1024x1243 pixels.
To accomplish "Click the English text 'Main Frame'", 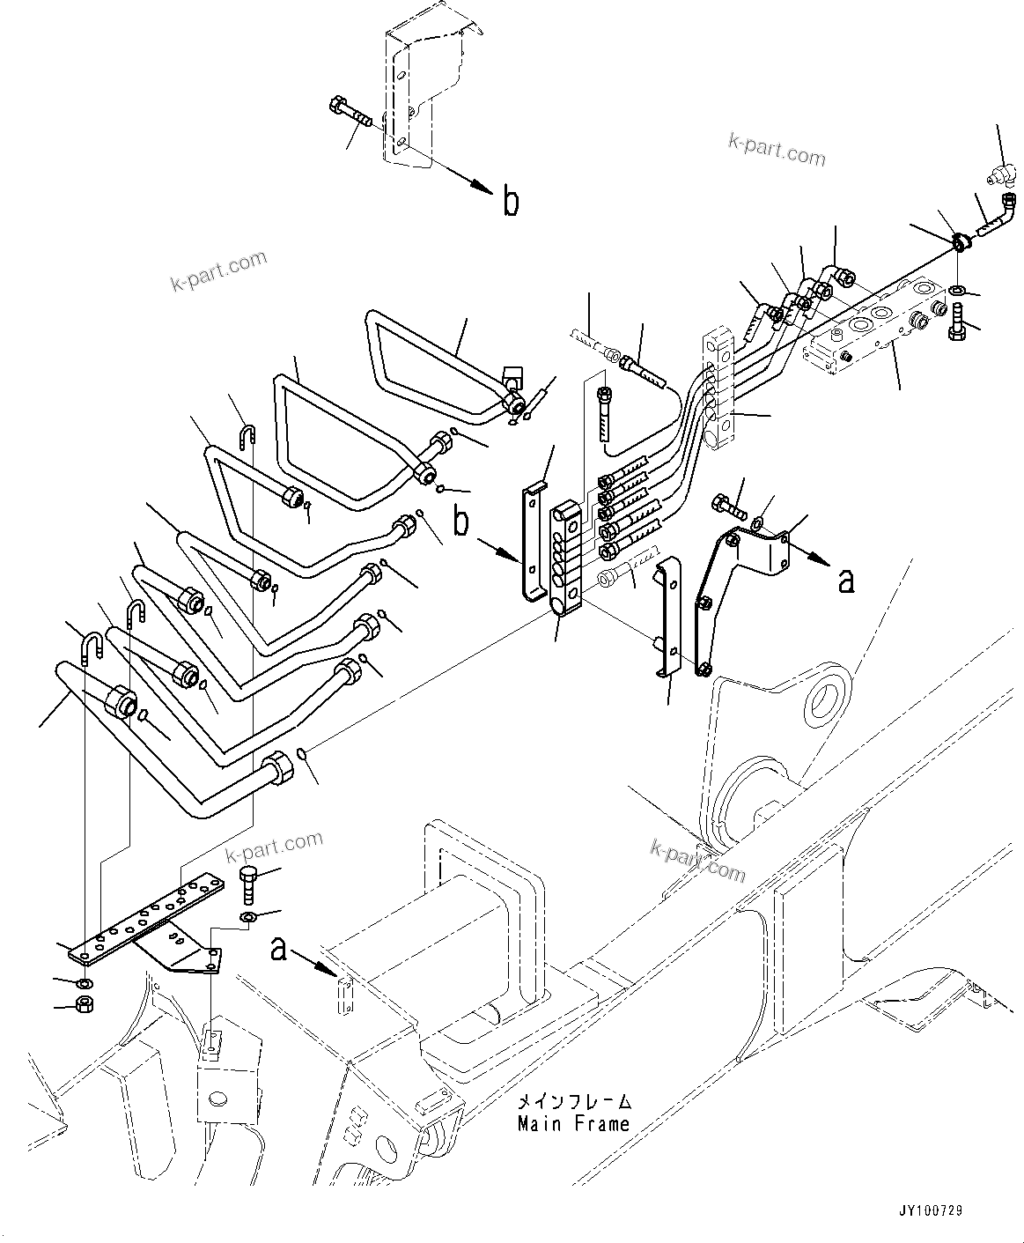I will click(573, 1123).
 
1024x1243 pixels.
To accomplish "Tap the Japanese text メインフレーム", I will click(573, 1102).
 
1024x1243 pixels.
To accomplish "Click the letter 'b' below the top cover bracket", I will click(511, 202).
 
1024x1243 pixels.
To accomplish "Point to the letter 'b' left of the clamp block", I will click(460, 522).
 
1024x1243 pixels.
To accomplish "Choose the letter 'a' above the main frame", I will click(279, 949).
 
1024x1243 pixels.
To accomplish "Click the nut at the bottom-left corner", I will click(86, 1004).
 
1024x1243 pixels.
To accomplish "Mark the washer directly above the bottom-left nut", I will click(84, 982).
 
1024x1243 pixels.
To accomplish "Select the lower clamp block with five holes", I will click(565, 557).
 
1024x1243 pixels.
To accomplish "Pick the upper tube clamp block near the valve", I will click(717, 390).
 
